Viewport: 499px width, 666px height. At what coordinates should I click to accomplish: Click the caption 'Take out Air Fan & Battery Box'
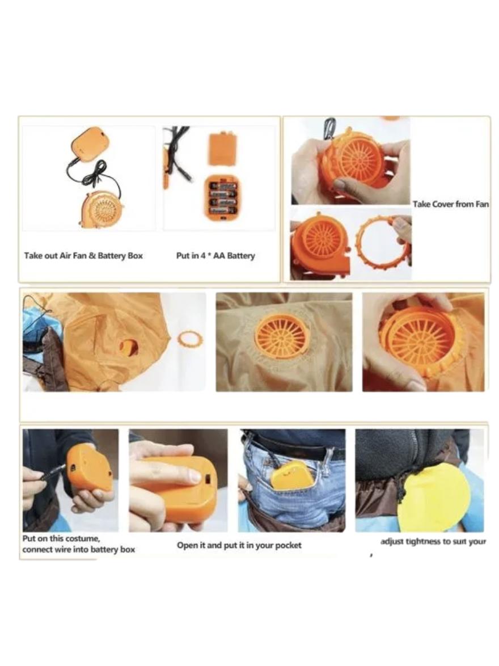point(83,256)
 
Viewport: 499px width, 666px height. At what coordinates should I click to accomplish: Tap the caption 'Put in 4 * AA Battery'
point(215,256)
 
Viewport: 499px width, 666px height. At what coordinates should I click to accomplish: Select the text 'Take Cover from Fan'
point(451,204)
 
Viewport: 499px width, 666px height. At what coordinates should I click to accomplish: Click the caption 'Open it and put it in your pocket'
point(239,545)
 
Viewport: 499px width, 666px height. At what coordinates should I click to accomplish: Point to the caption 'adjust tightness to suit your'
point(433,542)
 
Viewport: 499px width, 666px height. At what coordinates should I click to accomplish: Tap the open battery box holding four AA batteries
point(222,199)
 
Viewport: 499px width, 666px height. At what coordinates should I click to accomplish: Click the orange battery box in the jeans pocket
point(292,476)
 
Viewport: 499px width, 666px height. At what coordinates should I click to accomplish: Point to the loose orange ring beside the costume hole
point(190,340)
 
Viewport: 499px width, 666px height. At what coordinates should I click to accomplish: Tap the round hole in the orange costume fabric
point(129,347)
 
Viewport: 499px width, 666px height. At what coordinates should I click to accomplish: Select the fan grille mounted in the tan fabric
point(282,339)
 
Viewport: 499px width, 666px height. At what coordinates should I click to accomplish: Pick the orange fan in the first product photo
point(102,208)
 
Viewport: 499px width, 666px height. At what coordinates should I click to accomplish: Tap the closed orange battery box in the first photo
point(88,145)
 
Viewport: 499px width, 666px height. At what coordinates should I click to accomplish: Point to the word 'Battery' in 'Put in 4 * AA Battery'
point(241,256)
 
